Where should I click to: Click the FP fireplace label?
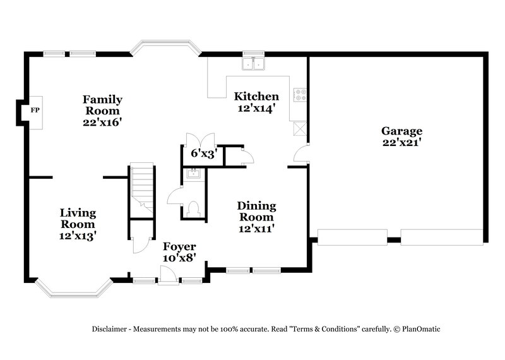pyautogui.click(x=35, y=110)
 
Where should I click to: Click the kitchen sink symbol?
pyautogui.click(x=254, y=63)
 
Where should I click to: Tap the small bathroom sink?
pyautogui.click(x=193, y=172)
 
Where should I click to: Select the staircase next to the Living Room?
pyautogui.click(x=142, y=189)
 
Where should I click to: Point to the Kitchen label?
pyautogui.click(x=256, y=97)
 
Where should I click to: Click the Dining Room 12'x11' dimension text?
pyautogui.click(x=256, y=229)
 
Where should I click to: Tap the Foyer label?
pyautogui.click(x=179, y=246)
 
